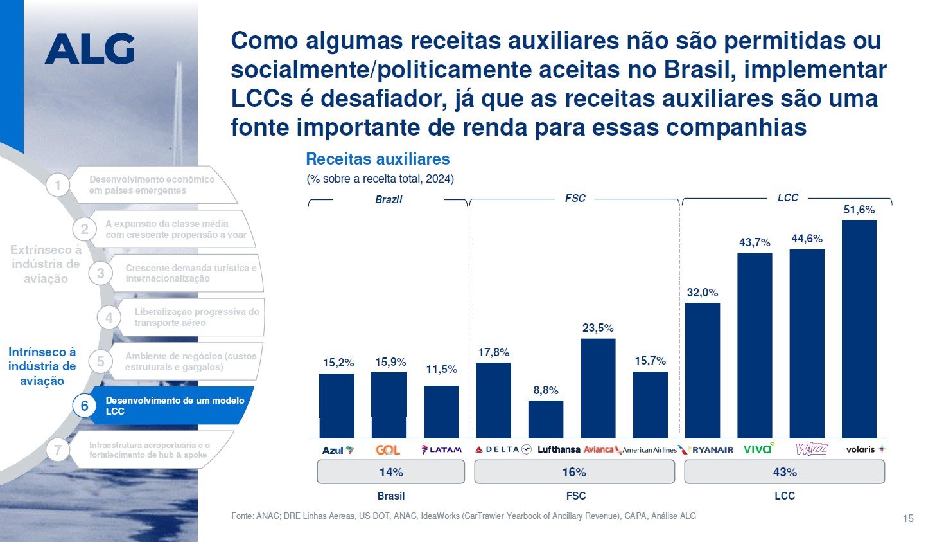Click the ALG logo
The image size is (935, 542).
(90, 49)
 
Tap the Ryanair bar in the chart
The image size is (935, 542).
(702, 370)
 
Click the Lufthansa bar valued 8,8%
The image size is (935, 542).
(546, 419)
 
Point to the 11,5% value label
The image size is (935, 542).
(442, 369)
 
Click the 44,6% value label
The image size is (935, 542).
(807, 239)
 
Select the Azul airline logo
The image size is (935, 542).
(337, 450)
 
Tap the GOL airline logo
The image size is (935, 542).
(388, 450)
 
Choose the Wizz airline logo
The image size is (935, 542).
(811, 449)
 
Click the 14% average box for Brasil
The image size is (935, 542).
(390, 472)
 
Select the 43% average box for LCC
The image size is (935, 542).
(784, 472)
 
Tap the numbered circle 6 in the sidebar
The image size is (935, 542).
(84, 406)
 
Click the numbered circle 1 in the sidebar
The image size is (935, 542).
(57, 186)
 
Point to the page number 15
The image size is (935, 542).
(907, 518)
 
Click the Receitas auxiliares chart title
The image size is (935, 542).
(378, 159)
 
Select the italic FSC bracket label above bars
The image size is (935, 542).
(575, 198)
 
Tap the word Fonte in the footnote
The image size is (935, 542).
(241, 516)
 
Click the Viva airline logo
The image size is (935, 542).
(758, 449)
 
